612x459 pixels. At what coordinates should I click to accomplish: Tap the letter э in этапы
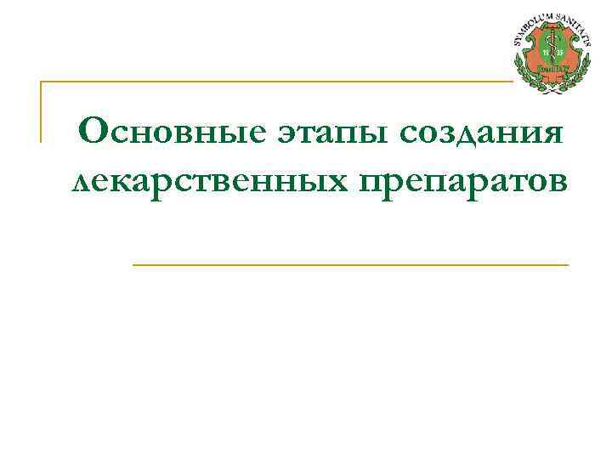[284, 134]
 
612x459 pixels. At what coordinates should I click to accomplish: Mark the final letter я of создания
[554, 134]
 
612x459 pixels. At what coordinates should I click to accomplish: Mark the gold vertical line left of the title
[41, 110]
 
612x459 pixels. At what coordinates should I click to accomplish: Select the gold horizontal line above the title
[272, 82]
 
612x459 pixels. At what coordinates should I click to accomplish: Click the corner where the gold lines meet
[42, 82]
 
